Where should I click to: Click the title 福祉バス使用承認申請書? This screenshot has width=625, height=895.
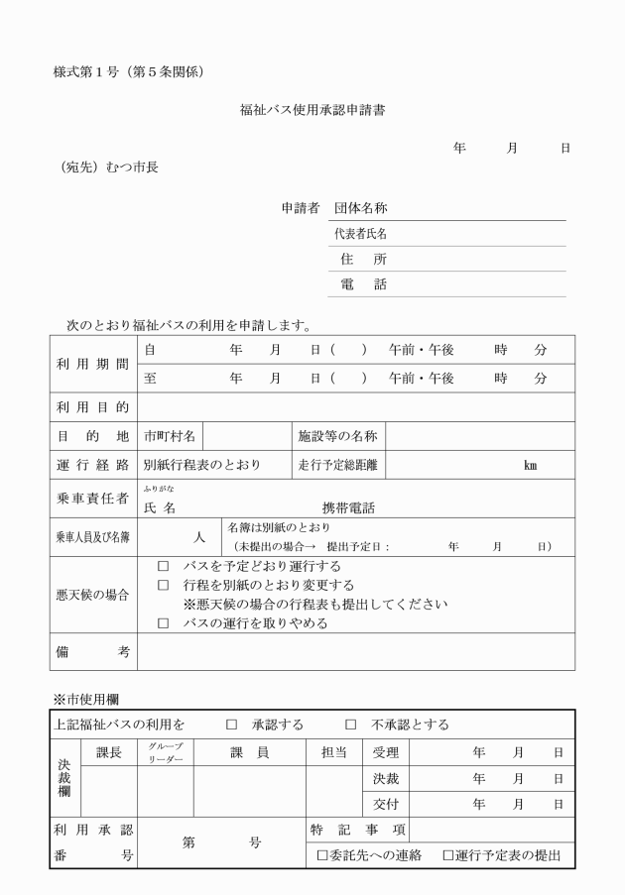point(312,110)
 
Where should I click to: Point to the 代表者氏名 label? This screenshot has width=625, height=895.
point(359,234)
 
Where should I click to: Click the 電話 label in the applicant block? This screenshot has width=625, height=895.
point(363,284)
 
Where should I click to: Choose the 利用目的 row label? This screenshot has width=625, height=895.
point(93,407)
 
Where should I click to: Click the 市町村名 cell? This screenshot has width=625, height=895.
point(170,435)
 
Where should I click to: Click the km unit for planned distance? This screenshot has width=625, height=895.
point(530,465)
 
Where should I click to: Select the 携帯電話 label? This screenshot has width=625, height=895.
point(349,507)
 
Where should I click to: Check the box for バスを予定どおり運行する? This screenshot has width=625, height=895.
point(163,567)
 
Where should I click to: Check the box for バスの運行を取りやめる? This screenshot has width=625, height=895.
point(163,624)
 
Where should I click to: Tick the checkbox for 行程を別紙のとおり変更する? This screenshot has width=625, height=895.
point(163,586)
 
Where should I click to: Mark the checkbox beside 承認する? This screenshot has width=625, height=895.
point(232,725)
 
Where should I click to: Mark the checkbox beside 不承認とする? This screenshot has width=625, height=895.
point(350,725)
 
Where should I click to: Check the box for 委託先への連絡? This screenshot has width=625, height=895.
point(321,855)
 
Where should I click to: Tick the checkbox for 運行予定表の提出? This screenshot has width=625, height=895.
point(447,855)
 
